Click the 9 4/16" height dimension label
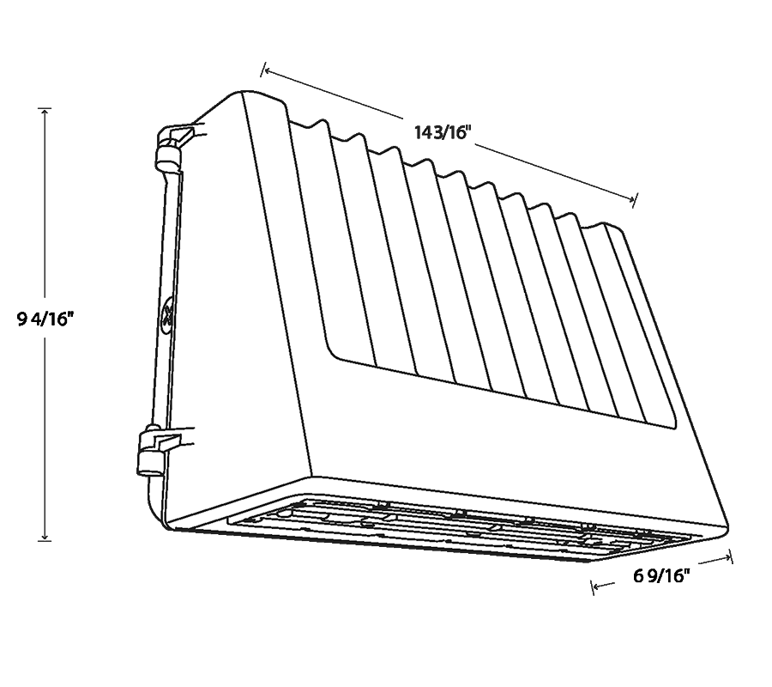pos(45,319)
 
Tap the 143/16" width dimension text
pos(443,132)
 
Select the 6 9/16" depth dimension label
pos(661,575)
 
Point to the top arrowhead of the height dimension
pos(45,112)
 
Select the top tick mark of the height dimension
pos(45,108)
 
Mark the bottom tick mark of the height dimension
pos(45,541)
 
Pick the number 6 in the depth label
pos(638,575)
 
